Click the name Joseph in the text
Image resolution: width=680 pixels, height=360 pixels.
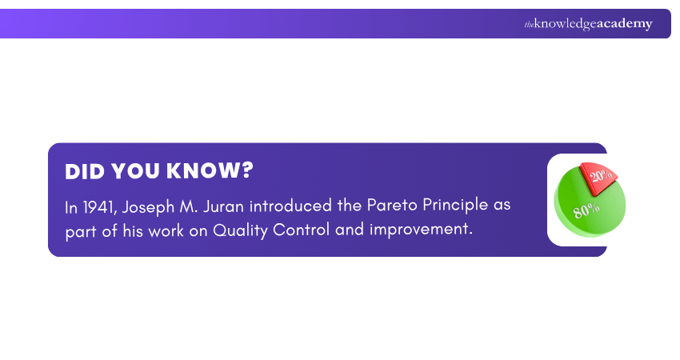(146, 206)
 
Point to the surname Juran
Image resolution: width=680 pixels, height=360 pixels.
(225, 206)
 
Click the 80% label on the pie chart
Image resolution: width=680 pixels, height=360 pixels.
(586, 210)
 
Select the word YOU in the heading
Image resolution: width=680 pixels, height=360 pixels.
(134, 172)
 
